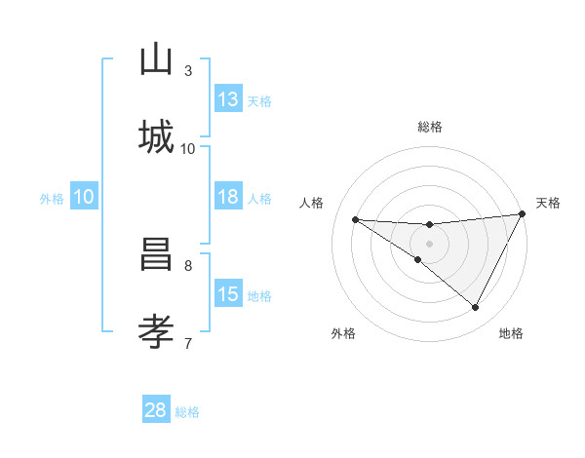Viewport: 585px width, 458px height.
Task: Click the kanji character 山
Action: (156, 61)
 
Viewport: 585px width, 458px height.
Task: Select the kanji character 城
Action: (156, 135)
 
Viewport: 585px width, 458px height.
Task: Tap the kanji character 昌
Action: (156, 256)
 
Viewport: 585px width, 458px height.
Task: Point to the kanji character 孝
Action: (156, 332)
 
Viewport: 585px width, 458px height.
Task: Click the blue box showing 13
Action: (228, 98)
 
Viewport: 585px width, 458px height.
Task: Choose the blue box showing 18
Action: (228, 197)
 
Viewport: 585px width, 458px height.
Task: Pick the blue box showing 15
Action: (228, 294)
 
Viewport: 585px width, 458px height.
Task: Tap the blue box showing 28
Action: (156, 410)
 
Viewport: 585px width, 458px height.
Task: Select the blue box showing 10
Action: (84, 197)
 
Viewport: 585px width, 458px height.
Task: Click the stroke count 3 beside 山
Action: (188, 71)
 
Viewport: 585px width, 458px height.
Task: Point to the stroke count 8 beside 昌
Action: (188, 264)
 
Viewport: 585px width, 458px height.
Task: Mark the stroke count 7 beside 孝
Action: (188, 342)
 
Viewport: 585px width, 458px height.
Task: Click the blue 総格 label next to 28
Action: (188, 412)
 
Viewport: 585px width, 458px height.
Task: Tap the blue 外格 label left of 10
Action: (52, 199)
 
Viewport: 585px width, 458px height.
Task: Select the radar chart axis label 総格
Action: (430, 127)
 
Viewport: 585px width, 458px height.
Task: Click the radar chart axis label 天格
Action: (548, 203)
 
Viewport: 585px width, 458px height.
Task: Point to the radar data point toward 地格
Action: (476, 308)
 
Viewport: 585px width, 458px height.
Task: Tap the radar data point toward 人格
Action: (356, 219)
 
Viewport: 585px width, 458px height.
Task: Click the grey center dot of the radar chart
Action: (429, 243)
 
